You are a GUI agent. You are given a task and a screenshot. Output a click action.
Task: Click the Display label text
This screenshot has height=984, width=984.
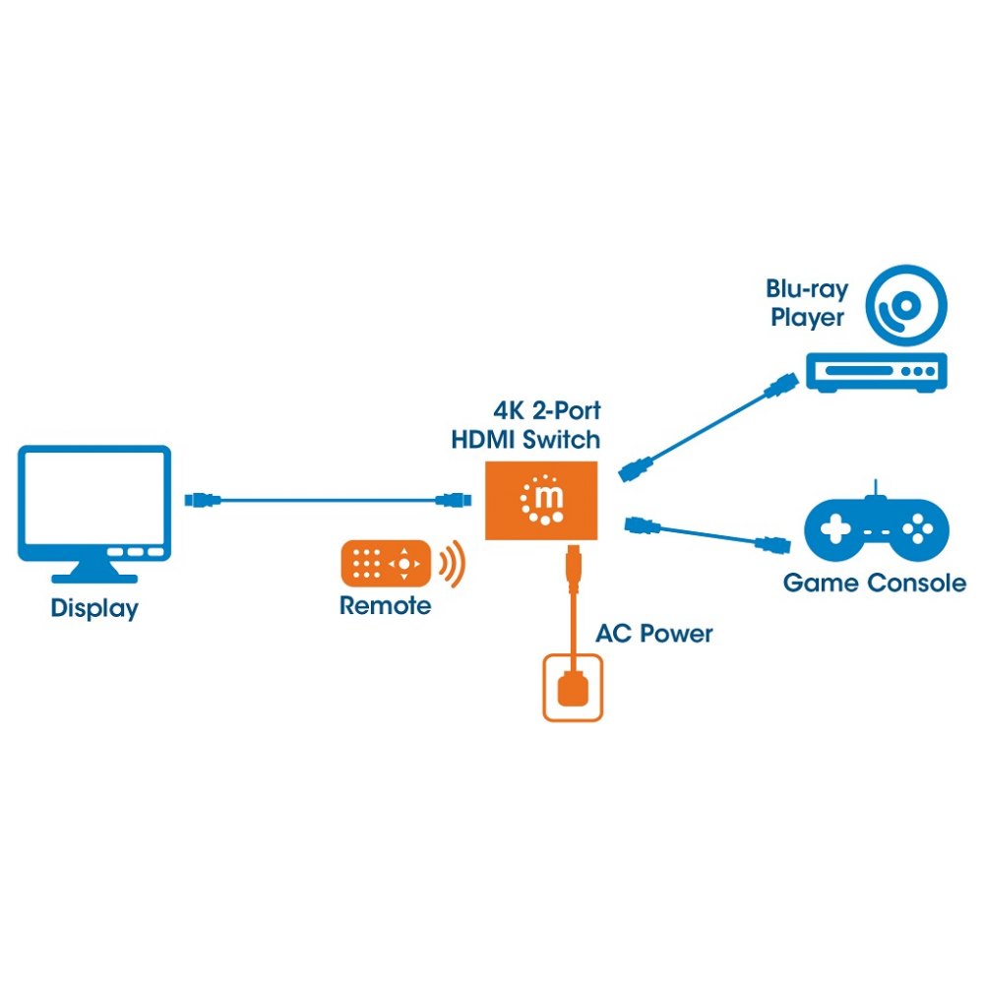point(94,608)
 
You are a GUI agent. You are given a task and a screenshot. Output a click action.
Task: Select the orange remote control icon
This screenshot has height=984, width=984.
point(386,564)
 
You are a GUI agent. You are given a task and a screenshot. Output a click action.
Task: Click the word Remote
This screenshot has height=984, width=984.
point(386,605)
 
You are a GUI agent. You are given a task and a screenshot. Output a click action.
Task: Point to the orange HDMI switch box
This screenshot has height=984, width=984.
point(541,500)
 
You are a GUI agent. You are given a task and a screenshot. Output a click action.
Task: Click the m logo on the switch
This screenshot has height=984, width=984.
point(543,500)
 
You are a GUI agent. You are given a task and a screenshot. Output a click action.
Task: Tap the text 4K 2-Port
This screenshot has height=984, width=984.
point(546,410)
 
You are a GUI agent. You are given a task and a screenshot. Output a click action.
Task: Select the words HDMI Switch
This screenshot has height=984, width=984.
point(525,439)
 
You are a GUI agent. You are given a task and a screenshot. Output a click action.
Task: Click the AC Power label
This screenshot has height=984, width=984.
point(654,634)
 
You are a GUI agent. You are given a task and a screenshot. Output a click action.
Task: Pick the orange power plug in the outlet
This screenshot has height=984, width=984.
point(573,688)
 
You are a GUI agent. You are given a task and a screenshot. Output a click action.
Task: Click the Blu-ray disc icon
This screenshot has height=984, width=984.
point(906,306)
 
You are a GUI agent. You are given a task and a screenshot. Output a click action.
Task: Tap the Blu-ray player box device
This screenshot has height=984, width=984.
point(877,372)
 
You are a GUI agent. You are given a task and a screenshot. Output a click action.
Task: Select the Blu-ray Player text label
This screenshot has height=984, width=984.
point(807,303)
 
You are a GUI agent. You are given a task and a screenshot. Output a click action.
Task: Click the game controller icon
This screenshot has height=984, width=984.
point(877,525)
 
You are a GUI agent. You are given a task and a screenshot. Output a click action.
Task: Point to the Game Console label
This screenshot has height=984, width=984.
point(875,583)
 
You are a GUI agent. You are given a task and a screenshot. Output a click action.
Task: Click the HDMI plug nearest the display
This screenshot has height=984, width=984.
point(203,500)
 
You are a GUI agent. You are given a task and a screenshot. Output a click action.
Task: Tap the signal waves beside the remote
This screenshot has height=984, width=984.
point(453,564)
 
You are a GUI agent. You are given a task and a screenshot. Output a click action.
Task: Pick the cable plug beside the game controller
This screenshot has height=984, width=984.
point(771,545)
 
